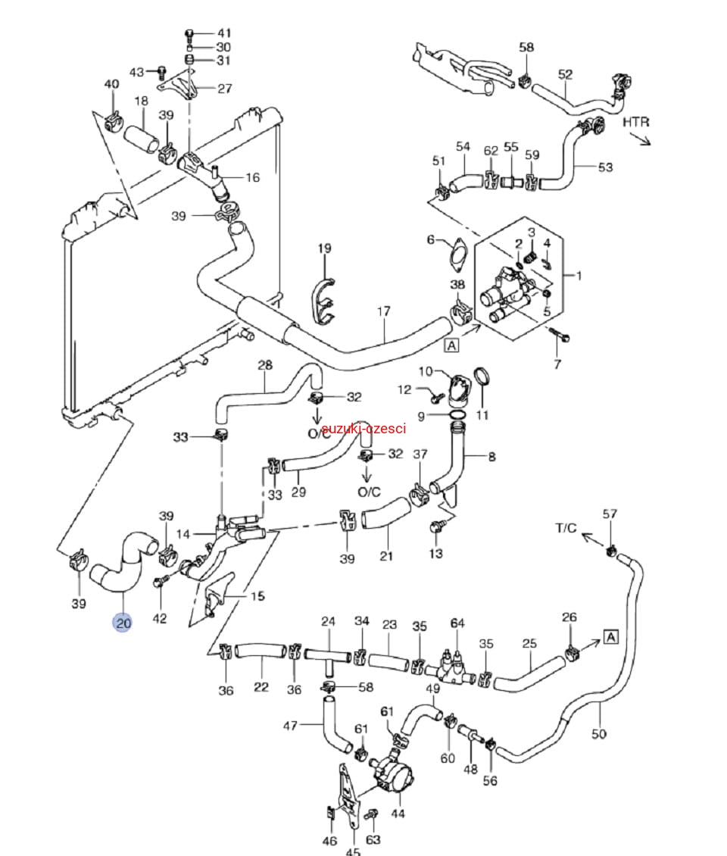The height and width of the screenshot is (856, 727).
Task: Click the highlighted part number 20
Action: [123, 623]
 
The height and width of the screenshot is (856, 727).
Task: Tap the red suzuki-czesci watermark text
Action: [363, 429]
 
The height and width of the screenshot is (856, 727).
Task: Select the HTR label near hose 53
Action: [636, 121]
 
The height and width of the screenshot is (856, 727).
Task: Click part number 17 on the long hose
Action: [384, 311]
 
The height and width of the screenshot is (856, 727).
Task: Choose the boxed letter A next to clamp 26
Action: [611, 637]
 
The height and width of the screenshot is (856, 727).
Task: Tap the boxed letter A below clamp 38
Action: [452, 345]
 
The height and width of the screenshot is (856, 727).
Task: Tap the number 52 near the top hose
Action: [566, 74]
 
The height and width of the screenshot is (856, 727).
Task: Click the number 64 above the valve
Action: [457, 623]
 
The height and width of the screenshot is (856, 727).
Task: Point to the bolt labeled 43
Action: [161, 73]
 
